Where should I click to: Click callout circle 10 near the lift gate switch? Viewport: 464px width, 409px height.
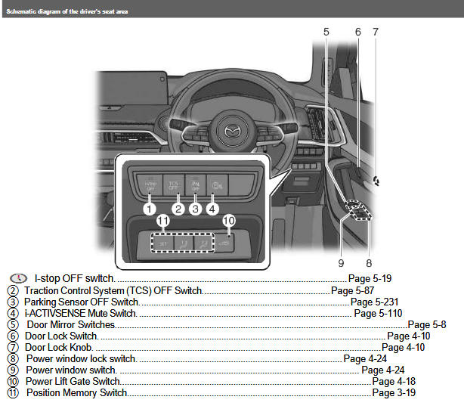pos(229,221)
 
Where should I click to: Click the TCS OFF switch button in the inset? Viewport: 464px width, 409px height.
pos(175,183)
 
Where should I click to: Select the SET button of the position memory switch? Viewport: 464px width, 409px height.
pos(162,243)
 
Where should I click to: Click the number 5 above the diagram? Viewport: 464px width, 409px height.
pos(326,32)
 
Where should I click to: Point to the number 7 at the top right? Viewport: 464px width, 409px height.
pos(376,32)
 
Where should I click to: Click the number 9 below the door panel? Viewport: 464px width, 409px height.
pos(341,264)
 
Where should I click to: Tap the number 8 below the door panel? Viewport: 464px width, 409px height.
pos(369,264)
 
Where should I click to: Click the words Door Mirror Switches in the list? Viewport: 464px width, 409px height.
pos(70,324)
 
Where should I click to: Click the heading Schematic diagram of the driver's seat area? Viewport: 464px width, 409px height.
pos(67,12)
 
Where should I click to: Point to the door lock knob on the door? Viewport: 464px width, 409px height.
pos(376,181)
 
